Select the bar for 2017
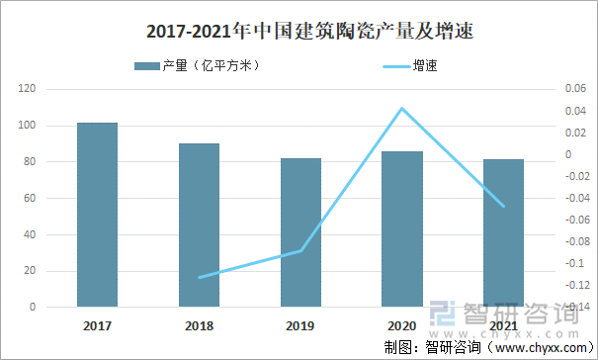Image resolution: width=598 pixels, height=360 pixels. coord(97,215)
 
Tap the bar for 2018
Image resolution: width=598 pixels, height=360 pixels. coord(199,225)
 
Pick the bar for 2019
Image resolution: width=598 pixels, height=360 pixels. coord(300,232)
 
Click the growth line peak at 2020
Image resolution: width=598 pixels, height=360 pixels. coord(402,108)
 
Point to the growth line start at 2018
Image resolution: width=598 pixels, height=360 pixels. coord(199,277)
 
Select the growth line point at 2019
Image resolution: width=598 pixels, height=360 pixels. coord(300,251)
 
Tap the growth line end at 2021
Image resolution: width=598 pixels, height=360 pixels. coord(504,207)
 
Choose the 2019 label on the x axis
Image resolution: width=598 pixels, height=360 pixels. coord(300,325)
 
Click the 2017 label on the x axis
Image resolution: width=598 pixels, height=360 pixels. coord(97,325)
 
